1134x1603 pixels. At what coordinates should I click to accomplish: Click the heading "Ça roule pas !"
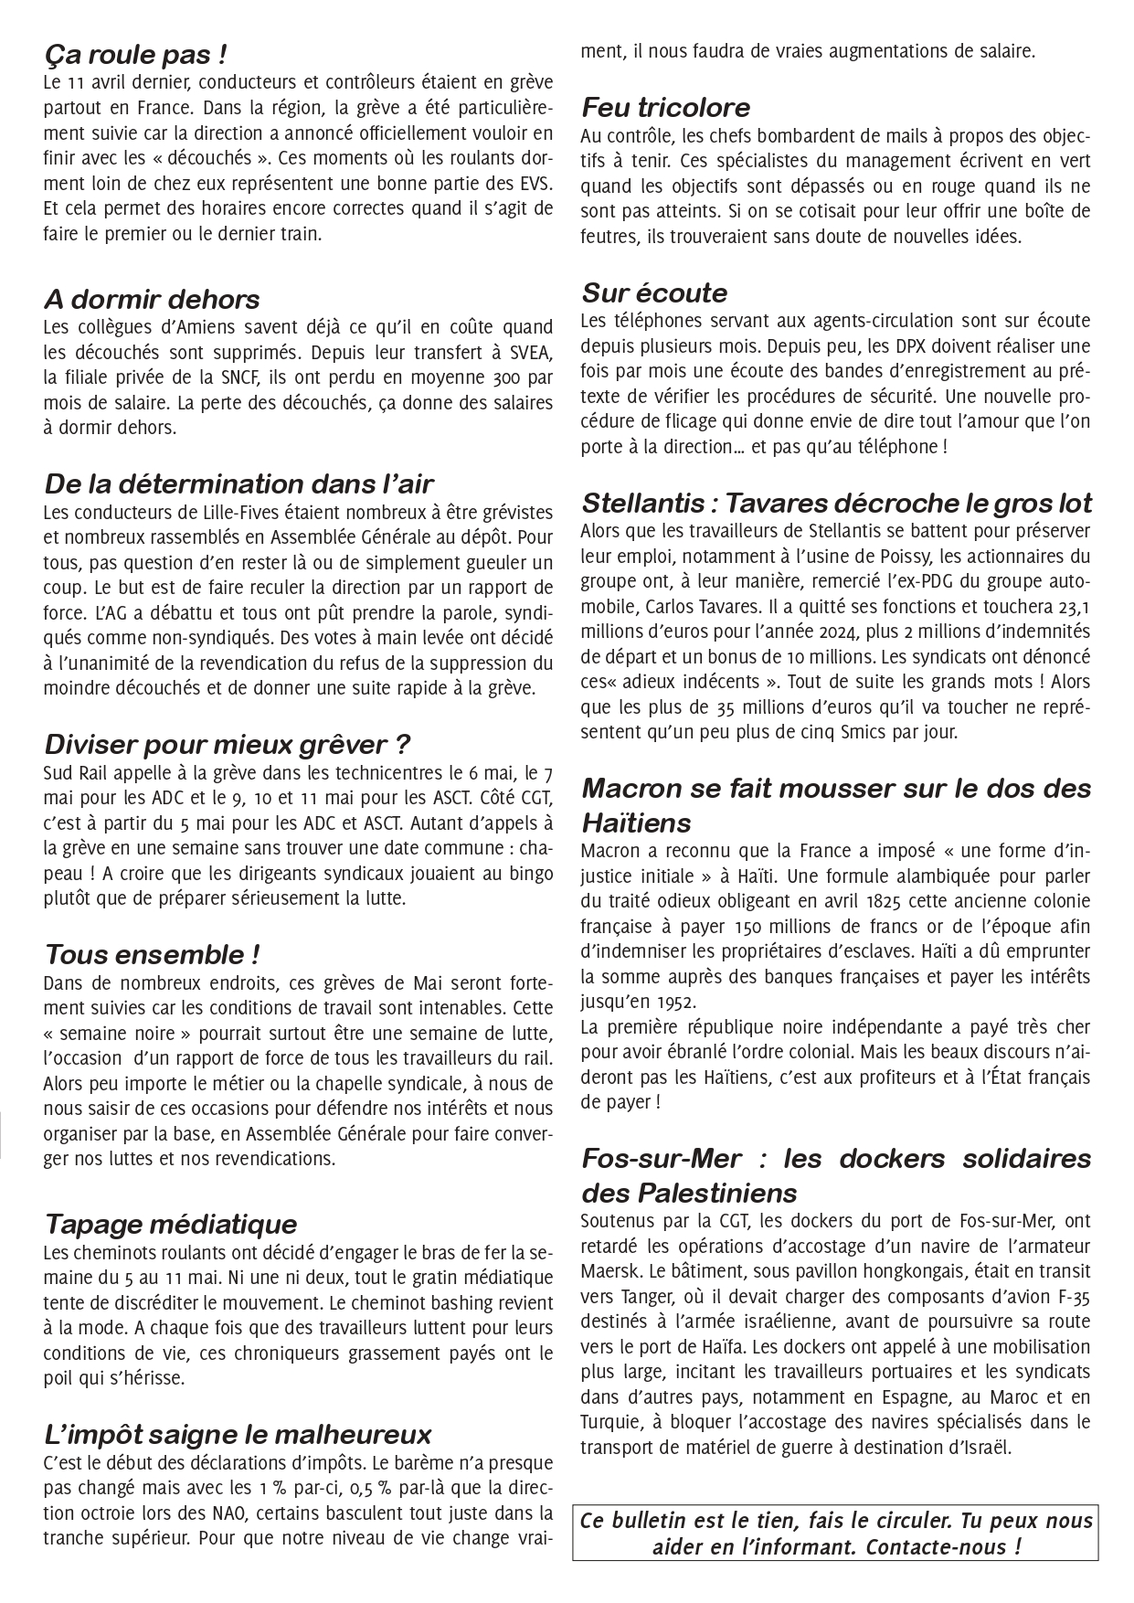135,55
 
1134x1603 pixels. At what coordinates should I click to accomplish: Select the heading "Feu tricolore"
665,108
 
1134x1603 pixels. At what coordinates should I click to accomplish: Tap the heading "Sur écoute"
654,293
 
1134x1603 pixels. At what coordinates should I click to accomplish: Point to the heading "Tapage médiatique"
171,1224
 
